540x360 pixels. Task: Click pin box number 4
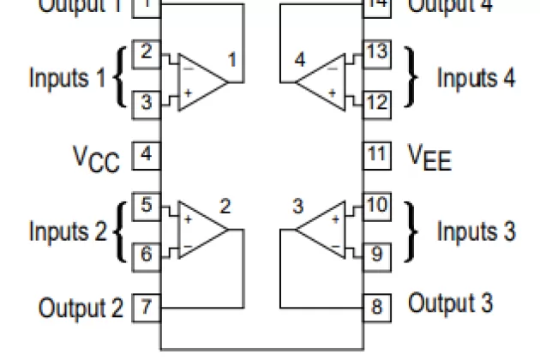(147, 156)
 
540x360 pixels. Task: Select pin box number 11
(376, 156)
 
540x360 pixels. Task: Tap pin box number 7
(147, 307)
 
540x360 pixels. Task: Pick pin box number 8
(376, 307)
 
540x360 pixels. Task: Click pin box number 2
(147, 52)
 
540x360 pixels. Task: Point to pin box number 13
(376, 52)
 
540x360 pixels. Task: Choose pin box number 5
(147, 206)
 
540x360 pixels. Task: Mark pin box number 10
(376, 206)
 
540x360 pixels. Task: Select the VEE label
(428, 158)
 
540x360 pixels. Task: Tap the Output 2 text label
(81, 307)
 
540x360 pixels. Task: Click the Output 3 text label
(450, 303)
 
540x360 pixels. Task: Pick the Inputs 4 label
(476, 78)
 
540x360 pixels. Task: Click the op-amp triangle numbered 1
(201, 81)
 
